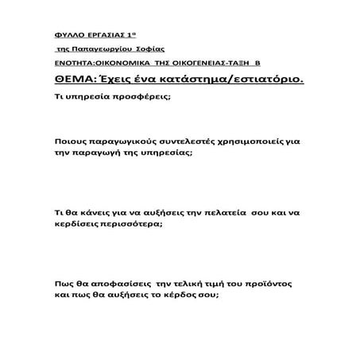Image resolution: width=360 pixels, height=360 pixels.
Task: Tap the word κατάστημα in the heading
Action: click(x=190, y=79)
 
